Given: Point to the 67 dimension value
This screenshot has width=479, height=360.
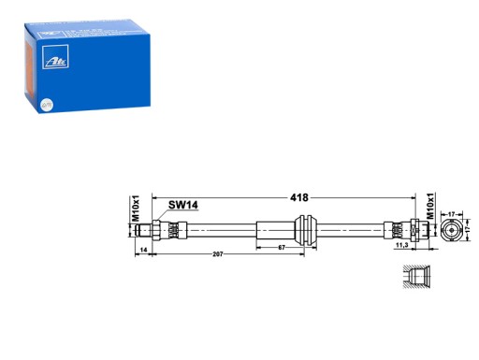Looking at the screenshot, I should tap(280, 248).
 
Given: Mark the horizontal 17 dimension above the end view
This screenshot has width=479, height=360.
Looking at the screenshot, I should tap(452, 214).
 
